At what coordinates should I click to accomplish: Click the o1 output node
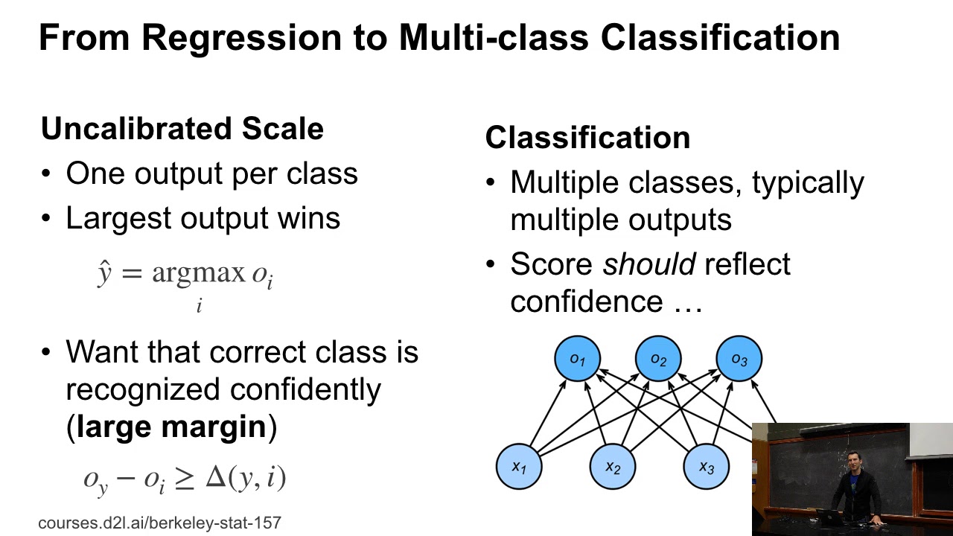(577, 360)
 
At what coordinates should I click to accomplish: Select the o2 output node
(658, 360)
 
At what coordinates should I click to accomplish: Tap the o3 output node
(739, 360)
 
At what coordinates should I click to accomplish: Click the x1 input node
(519, 467)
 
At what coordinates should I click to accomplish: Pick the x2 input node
(613, 467)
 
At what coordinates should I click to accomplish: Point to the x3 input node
(706, 467)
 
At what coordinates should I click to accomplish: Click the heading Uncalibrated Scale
(182, 129)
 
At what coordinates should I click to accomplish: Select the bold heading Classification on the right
(587, 138)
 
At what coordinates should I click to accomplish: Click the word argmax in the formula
(198, 273)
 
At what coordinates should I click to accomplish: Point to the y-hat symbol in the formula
(104, 273)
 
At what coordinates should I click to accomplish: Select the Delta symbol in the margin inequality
(215, 476)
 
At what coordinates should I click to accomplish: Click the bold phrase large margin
(171, 427)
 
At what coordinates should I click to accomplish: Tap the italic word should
(648, 264)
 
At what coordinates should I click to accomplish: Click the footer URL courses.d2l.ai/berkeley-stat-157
(159, 523)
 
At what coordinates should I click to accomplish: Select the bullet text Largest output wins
(203, 218)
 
